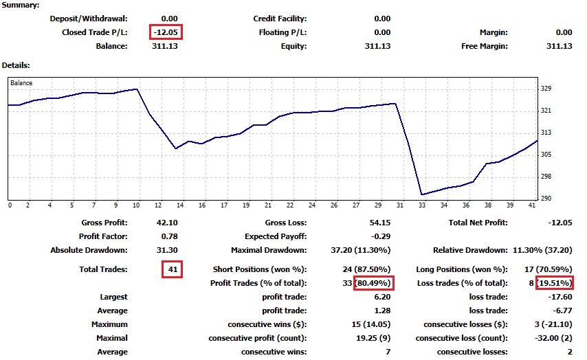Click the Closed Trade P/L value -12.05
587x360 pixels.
(x=166, y=32)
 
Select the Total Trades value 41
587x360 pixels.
(x=172, y=270)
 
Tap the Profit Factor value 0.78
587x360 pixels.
(x=168, y=236)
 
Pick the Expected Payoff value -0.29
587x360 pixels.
(x=381, y=236)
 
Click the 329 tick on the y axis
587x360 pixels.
(x=547, y=89)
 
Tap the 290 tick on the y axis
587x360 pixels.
(x=547, y=199)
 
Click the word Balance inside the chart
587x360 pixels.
(x=21, y=83)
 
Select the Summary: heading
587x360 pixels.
(x=21, y=5)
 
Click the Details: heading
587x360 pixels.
(x=16, y=65)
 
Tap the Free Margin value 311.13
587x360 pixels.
(x=559, y=46)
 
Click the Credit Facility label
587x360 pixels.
(x=280, y=19)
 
